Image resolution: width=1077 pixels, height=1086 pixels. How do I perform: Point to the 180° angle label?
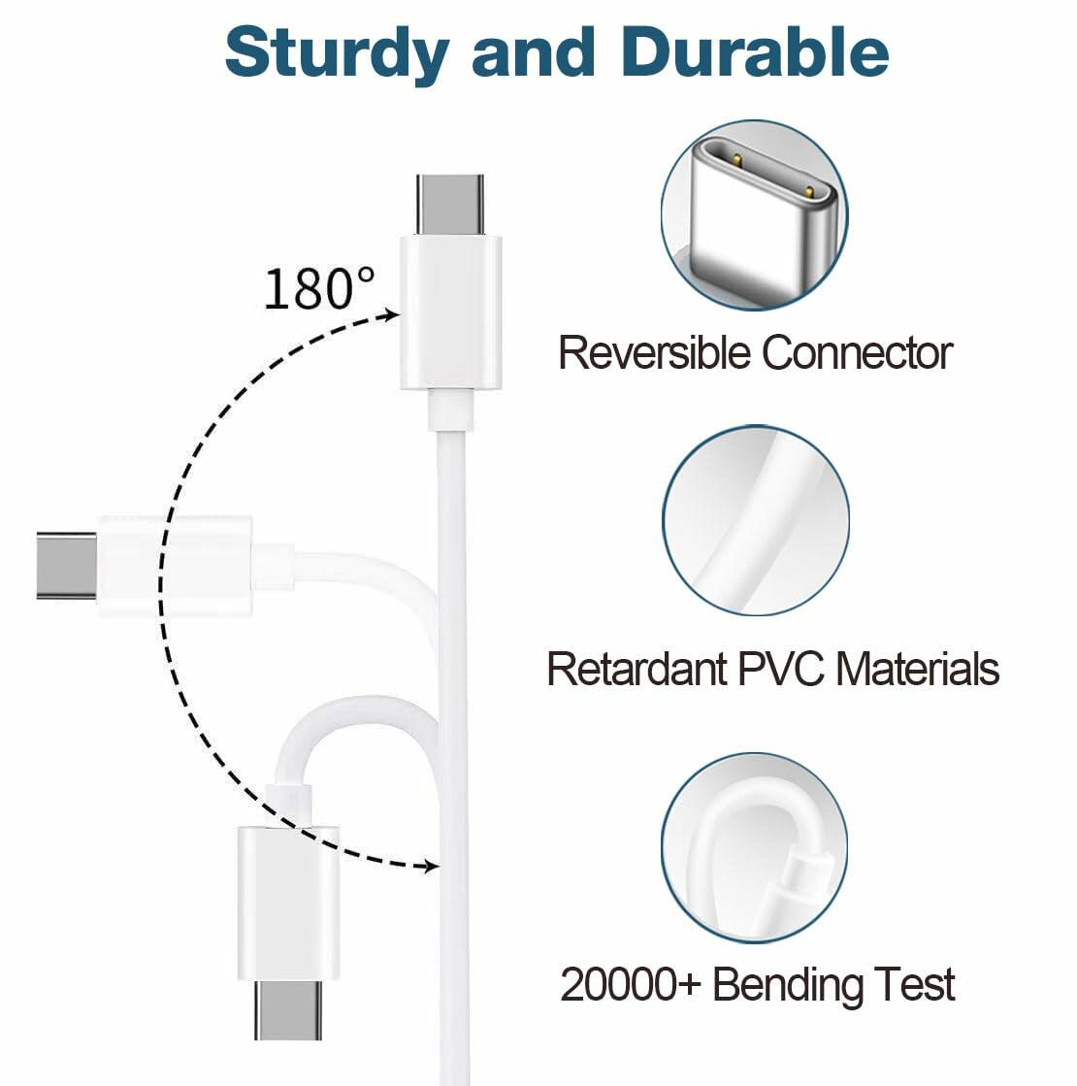[318, 288]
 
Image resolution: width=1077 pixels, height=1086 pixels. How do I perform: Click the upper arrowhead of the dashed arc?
[391, 314]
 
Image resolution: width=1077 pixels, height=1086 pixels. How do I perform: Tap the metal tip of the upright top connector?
[450, 204]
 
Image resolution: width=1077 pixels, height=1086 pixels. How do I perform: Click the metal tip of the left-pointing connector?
[66, 565]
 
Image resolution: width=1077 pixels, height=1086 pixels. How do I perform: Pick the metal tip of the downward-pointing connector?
[288, 1009]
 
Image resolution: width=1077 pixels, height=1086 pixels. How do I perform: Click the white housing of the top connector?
[451, 311]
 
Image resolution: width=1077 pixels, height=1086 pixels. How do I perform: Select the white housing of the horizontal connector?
[175, 566]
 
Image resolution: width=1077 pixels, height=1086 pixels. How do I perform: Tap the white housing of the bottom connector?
[288, 903]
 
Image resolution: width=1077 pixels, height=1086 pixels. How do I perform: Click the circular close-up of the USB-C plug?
[754, 215]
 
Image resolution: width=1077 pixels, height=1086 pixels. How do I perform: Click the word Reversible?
[655, 353]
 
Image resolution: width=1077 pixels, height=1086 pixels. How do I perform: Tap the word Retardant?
[636, 669]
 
